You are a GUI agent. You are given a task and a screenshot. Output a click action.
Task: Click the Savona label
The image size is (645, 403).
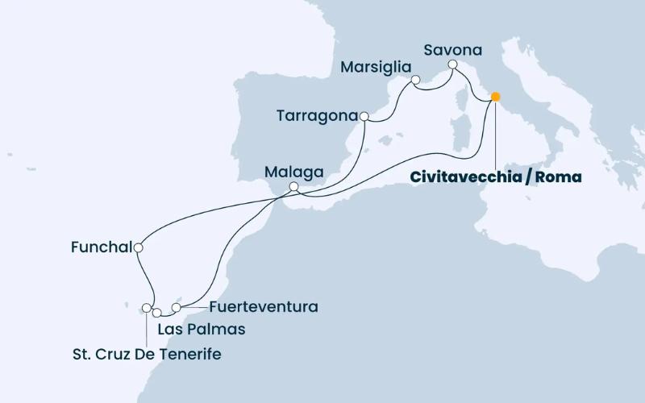click(x=452, y=50)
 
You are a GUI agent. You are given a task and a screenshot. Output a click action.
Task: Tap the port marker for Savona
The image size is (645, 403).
click(x=453, y=64)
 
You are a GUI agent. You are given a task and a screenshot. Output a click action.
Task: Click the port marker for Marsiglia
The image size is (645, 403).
click(x=416, y=80)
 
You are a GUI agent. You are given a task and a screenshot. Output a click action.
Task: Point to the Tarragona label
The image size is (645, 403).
click(x=317, y=116)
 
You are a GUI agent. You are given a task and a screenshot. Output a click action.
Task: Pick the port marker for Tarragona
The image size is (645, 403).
click(x=364, y=116)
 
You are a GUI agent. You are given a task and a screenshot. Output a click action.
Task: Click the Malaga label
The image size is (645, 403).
click(x=295, y=172)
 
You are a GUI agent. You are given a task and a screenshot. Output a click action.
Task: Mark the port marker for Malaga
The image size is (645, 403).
click(x=294, y=187)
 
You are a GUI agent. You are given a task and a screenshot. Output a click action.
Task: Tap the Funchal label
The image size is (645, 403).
click(x=101, y=248)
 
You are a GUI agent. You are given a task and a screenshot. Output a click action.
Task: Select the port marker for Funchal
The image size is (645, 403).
click(x=139, y=248)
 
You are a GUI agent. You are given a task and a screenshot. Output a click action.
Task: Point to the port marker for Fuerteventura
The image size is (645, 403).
click(x=177, y=307)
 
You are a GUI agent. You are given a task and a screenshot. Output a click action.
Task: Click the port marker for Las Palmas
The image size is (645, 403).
click(x=157, y=312)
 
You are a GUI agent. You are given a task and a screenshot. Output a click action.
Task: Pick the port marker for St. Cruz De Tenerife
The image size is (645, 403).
click(x=147, y=307)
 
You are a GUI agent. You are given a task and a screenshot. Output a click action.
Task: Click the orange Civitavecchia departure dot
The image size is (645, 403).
click(x=495, y=97)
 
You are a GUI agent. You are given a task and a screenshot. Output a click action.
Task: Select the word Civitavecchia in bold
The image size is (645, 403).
click(x=460, y=177)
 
